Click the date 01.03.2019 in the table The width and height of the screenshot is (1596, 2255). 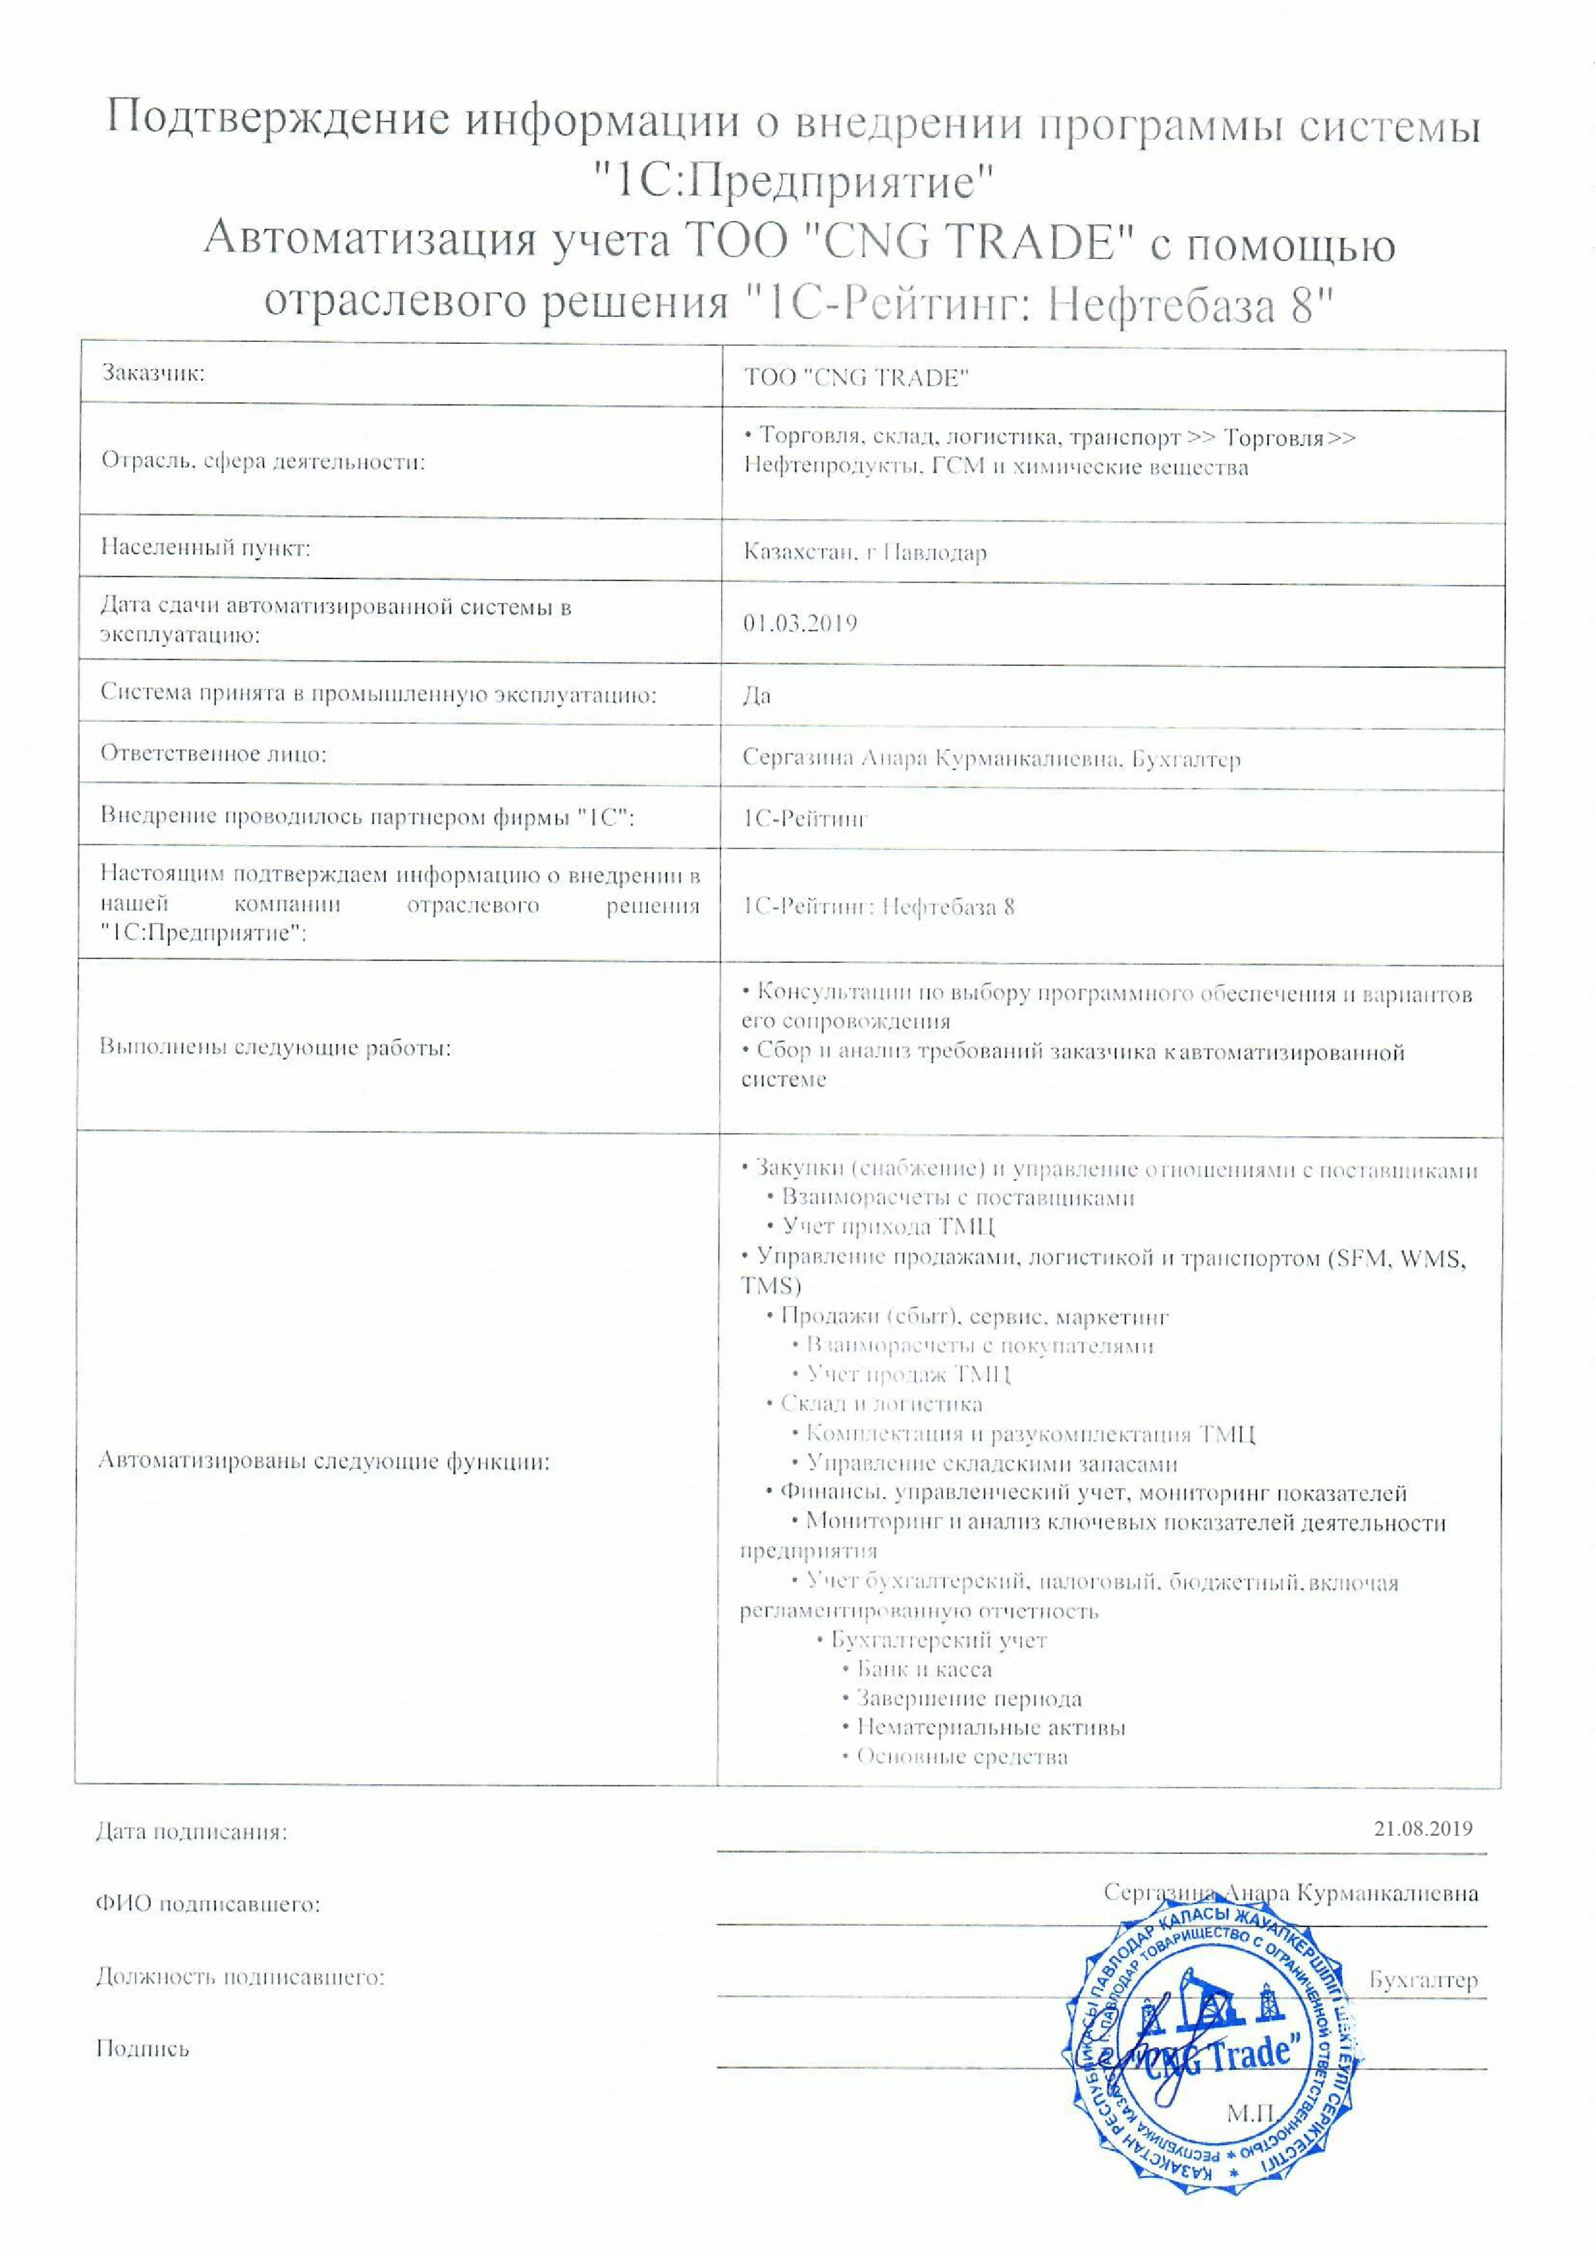(x=800, y=623)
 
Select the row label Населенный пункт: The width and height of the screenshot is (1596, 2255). (x=206, y=547)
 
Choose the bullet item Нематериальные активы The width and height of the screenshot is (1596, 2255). (x=991, y=1727)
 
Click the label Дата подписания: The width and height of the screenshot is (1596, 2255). (x=192, y=1831)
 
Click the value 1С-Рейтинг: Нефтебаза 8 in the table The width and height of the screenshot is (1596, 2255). (x=879, y=906)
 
